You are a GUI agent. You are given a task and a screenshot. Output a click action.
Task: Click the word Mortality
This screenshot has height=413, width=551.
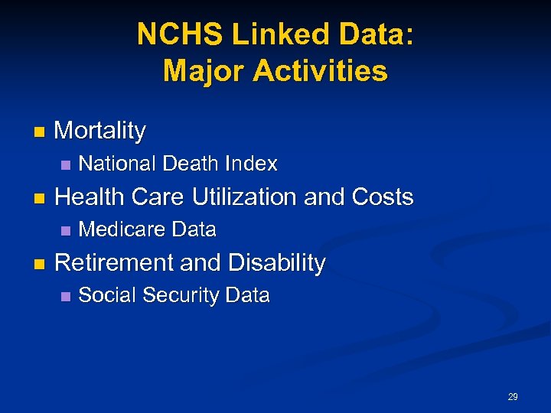click(100, 131)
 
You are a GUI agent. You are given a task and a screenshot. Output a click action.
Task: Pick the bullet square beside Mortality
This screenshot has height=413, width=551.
click(40, 132)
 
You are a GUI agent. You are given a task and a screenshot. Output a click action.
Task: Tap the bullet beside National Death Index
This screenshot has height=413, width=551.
click(66, 164)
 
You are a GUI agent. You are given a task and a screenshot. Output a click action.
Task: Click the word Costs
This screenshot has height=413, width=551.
click(382, 197)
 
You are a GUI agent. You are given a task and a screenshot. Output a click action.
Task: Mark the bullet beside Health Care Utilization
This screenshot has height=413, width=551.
click(40, 198)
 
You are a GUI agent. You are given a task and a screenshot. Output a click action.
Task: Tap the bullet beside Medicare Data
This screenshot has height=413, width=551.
click(66, 230)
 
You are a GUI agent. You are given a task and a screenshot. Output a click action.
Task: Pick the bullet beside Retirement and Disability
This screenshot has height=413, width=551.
click(40, 264)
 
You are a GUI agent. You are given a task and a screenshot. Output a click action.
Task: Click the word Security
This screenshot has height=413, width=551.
click(178, 296)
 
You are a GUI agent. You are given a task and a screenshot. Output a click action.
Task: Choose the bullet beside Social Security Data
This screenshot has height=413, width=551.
click(66, 296)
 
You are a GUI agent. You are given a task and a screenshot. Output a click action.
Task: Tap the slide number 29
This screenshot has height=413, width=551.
click(513, 397)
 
